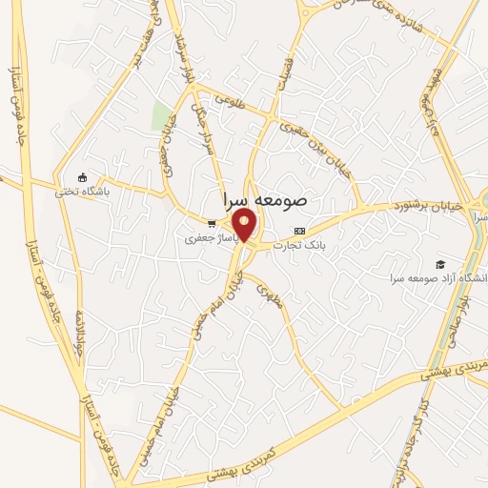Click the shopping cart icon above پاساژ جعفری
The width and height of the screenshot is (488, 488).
pos(211,223)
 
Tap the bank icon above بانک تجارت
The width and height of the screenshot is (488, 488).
pos(300,231)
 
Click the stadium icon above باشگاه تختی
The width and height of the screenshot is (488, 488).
pos(82,177)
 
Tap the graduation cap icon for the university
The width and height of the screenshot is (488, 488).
pos(439,264)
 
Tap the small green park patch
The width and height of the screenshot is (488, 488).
pos(161,116)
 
